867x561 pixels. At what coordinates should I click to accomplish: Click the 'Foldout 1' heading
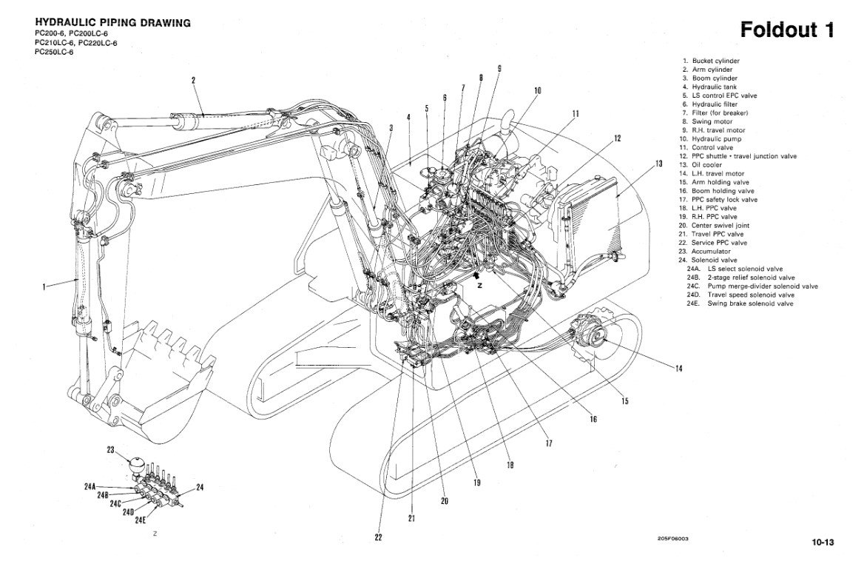[x=787, y=30]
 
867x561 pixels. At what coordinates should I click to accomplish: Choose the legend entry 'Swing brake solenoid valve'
[x=749, y=303]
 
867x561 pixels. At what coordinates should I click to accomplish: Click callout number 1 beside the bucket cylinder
[x=44, y=286]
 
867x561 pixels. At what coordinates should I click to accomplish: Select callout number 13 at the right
[x=658, y=164]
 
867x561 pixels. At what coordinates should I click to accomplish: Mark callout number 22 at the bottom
[x=378, y=537]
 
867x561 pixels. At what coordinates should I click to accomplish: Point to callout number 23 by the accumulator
[x=111, y=449]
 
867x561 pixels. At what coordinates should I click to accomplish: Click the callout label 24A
[x=90, y=486]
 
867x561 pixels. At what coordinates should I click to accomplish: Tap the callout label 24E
[x=141, y=520]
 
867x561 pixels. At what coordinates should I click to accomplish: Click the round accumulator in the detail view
[x=138, y=464]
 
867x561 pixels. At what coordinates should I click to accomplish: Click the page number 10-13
[x=821, y=542]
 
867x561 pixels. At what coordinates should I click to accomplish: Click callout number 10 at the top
[x=537, y=91]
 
